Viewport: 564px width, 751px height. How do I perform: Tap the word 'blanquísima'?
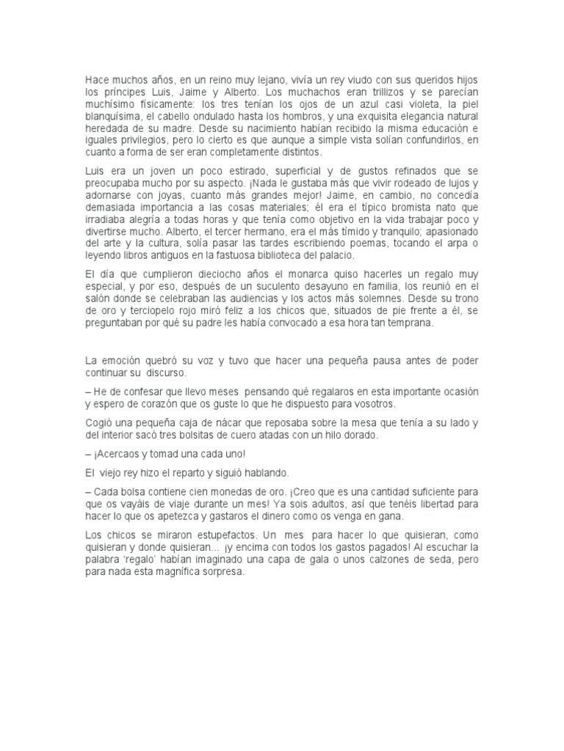click(x=112, y=116)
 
